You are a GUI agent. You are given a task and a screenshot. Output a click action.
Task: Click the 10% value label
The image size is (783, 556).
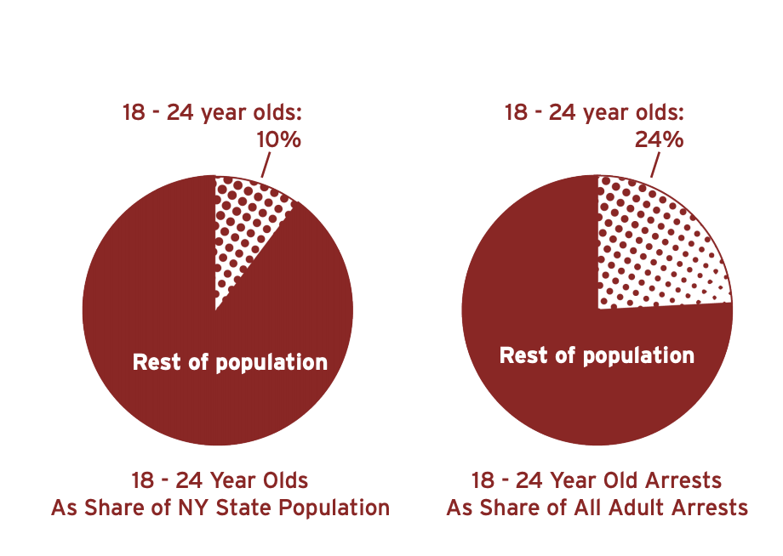(279, 139)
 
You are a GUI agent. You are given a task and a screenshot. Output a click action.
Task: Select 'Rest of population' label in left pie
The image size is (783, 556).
(230, 363)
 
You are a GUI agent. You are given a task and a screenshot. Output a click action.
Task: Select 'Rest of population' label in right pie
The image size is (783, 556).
(597, 355)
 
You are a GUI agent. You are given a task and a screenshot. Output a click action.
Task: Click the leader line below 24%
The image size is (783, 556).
(654, 165)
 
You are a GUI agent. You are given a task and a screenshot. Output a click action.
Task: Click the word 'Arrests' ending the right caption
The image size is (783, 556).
(711, 508)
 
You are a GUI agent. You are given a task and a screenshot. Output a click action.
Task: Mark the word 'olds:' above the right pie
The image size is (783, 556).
(660, 112)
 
